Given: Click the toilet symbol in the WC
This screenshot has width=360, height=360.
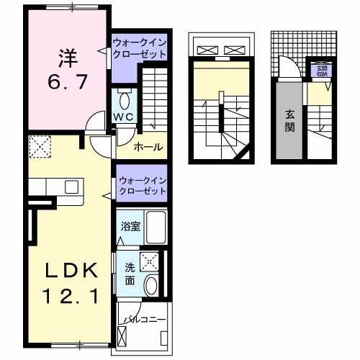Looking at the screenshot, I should click(123, 99).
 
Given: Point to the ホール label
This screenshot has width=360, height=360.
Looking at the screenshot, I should click(148, 148).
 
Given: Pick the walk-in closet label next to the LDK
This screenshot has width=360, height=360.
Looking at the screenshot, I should click(141, 183).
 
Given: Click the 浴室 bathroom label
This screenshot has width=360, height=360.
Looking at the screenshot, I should click(130, 226).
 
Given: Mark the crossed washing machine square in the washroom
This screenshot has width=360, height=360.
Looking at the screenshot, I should click(151, 261).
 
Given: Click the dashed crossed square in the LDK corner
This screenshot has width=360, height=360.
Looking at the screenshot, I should click(38, 148).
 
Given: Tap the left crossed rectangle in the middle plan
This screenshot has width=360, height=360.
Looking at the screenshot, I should click(207, 50).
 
